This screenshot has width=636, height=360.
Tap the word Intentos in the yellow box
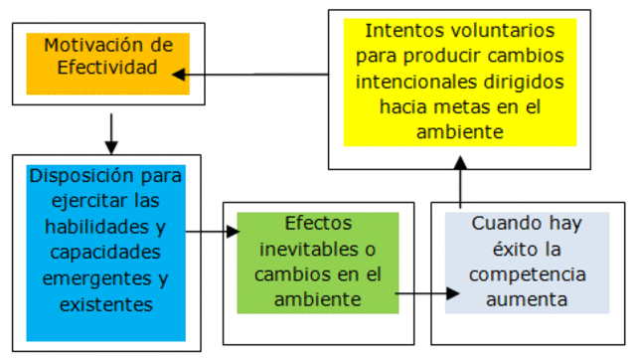[406, 31]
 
